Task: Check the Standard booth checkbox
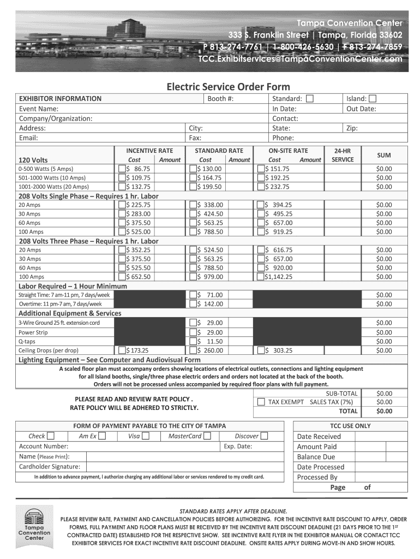(x=310, y=99)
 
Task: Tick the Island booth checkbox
(x=373, y=99)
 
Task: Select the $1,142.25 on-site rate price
(x=279, y=277)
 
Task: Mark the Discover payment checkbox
(x=264, y=436)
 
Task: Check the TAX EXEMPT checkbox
(x=261, y=402)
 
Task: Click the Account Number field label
(x=44, y=446)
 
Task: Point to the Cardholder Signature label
(x=50, y=466)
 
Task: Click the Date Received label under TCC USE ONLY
(x=319, y=436)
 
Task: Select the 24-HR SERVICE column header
(x=343, y=155)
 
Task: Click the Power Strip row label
(x=33, y=332)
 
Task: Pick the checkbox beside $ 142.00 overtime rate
(x=193, y=304)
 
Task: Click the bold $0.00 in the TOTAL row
(x=384, y=411)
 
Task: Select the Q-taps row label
(x=27, y=342)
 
